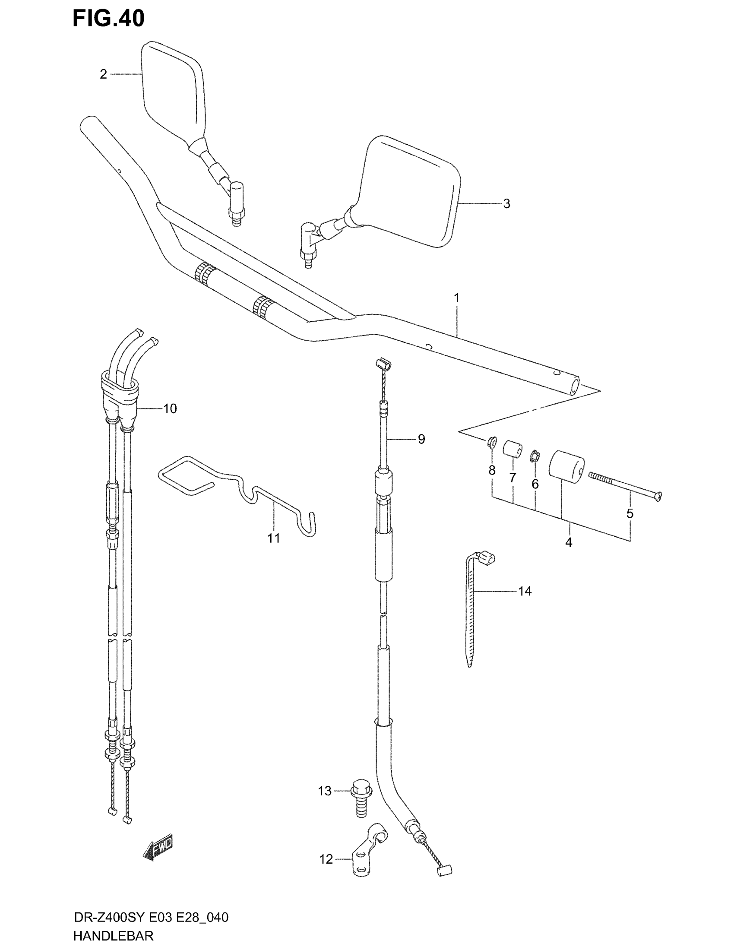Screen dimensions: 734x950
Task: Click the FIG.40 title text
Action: coord(108,19)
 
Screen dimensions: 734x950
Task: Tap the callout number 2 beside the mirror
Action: coord(103,74)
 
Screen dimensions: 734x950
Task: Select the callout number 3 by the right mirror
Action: coord(506,203)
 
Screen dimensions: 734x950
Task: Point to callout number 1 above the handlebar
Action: coord(456,298)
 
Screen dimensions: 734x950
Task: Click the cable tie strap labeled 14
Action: coord(471,609)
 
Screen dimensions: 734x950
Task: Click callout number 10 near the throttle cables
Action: coord(170,408)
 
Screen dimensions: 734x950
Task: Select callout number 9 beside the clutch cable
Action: coord(421,439)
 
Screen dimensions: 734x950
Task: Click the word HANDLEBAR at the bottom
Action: coord(114,936)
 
